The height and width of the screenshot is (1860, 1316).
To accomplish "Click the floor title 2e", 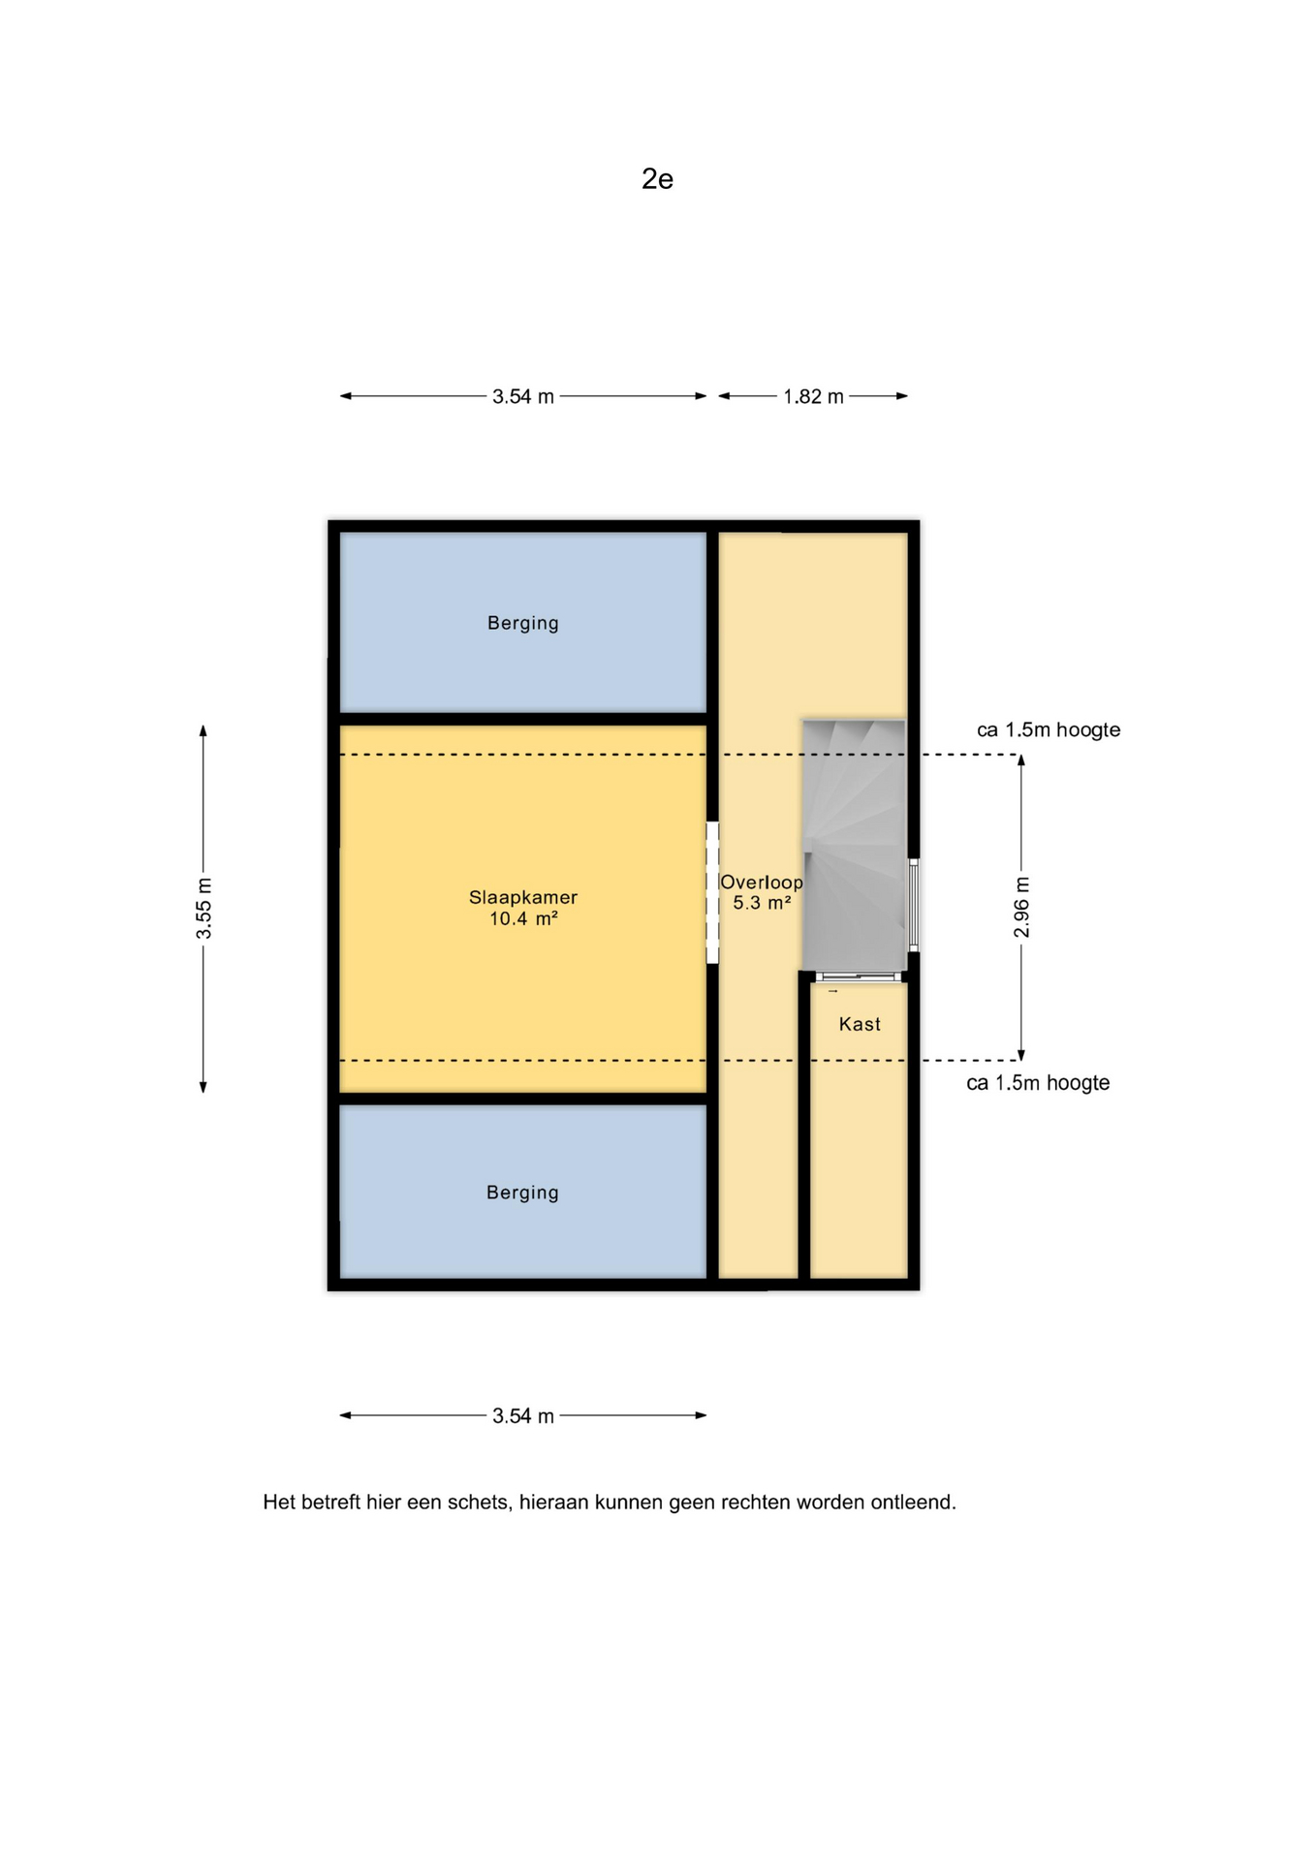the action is [657, 179].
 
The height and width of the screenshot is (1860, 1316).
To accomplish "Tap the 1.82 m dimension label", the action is [813, 396].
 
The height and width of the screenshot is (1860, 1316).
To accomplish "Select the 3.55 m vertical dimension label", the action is [204, 909].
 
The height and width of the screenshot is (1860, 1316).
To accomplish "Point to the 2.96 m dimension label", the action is [1021, 908].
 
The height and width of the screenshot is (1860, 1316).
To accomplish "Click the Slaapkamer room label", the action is [523, 897].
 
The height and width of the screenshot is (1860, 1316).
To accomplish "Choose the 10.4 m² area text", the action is [523, 918].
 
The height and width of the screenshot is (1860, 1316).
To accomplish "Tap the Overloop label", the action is [762, 883].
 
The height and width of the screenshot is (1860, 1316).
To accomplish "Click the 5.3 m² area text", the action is [762, 903].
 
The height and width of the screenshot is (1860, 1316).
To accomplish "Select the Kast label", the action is [860, 1024].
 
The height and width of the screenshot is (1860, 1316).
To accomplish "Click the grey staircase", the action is [854, 845].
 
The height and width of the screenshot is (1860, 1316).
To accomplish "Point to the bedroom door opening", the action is [712, 892].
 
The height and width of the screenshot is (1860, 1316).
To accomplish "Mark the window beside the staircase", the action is [913, 905].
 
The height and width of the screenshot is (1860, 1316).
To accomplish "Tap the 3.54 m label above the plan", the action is [523, 396].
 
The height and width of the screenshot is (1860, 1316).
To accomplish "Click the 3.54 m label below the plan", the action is [523, 1415].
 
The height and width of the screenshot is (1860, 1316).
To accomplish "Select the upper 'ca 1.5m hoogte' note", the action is [1049, 729].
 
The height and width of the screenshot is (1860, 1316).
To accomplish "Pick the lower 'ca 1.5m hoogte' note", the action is [1038, 1083].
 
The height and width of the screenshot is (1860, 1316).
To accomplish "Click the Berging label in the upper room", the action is [523, 623].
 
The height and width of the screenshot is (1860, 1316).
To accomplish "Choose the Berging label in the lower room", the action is [523, 1193].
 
